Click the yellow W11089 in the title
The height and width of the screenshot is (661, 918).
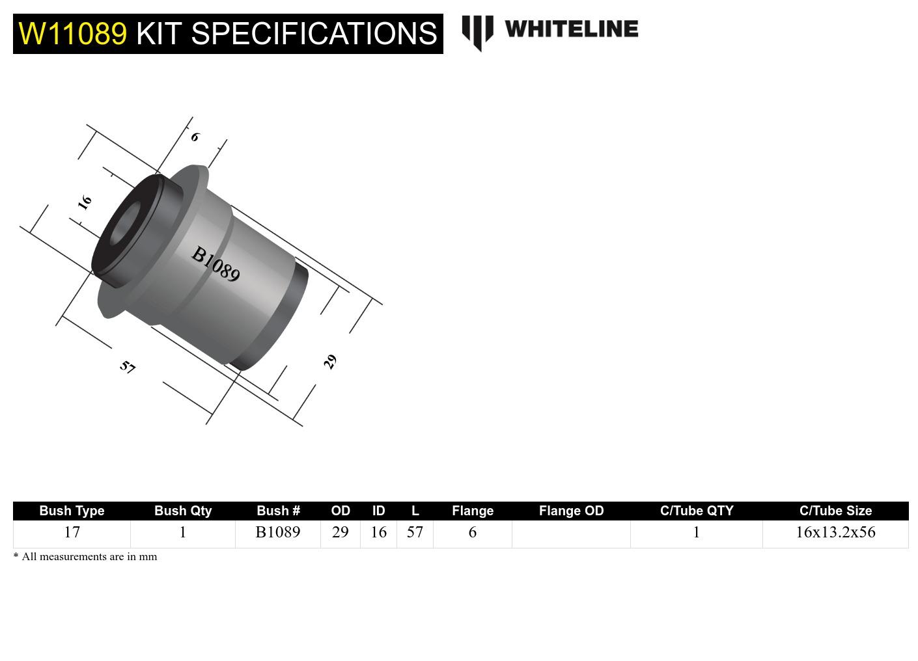(x=72, y=33)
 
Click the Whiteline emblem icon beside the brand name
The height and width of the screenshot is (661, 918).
(x=477, y=32)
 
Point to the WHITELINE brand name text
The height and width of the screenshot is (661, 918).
(x=571, y=29)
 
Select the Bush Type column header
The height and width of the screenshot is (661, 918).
(x=72, y=511)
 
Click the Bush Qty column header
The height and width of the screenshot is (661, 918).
(x=183, y=511)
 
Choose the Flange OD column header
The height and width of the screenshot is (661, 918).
(x=571, y=511)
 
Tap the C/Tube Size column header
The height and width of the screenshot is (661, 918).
(x=835, y=511)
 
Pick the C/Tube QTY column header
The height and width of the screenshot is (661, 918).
(x=697, y=511)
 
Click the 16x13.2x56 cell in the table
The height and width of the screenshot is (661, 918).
(x=835, y=532)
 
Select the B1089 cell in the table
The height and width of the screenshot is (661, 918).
(x=278, y=532)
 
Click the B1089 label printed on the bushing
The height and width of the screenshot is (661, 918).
(x=216, y=264)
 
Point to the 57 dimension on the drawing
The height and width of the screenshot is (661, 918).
(x=128, y=367)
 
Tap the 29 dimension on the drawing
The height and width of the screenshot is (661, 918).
(x=330, y=362)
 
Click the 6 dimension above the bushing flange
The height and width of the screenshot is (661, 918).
(x=195, y=137)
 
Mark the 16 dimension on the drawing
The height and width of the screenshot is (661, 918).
(x=85, y=202)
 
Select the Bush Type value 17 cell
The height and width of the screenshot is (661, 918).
(x=72, y=532)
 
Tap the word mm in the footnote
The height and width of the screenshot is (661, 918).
(x=148, y=557)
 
